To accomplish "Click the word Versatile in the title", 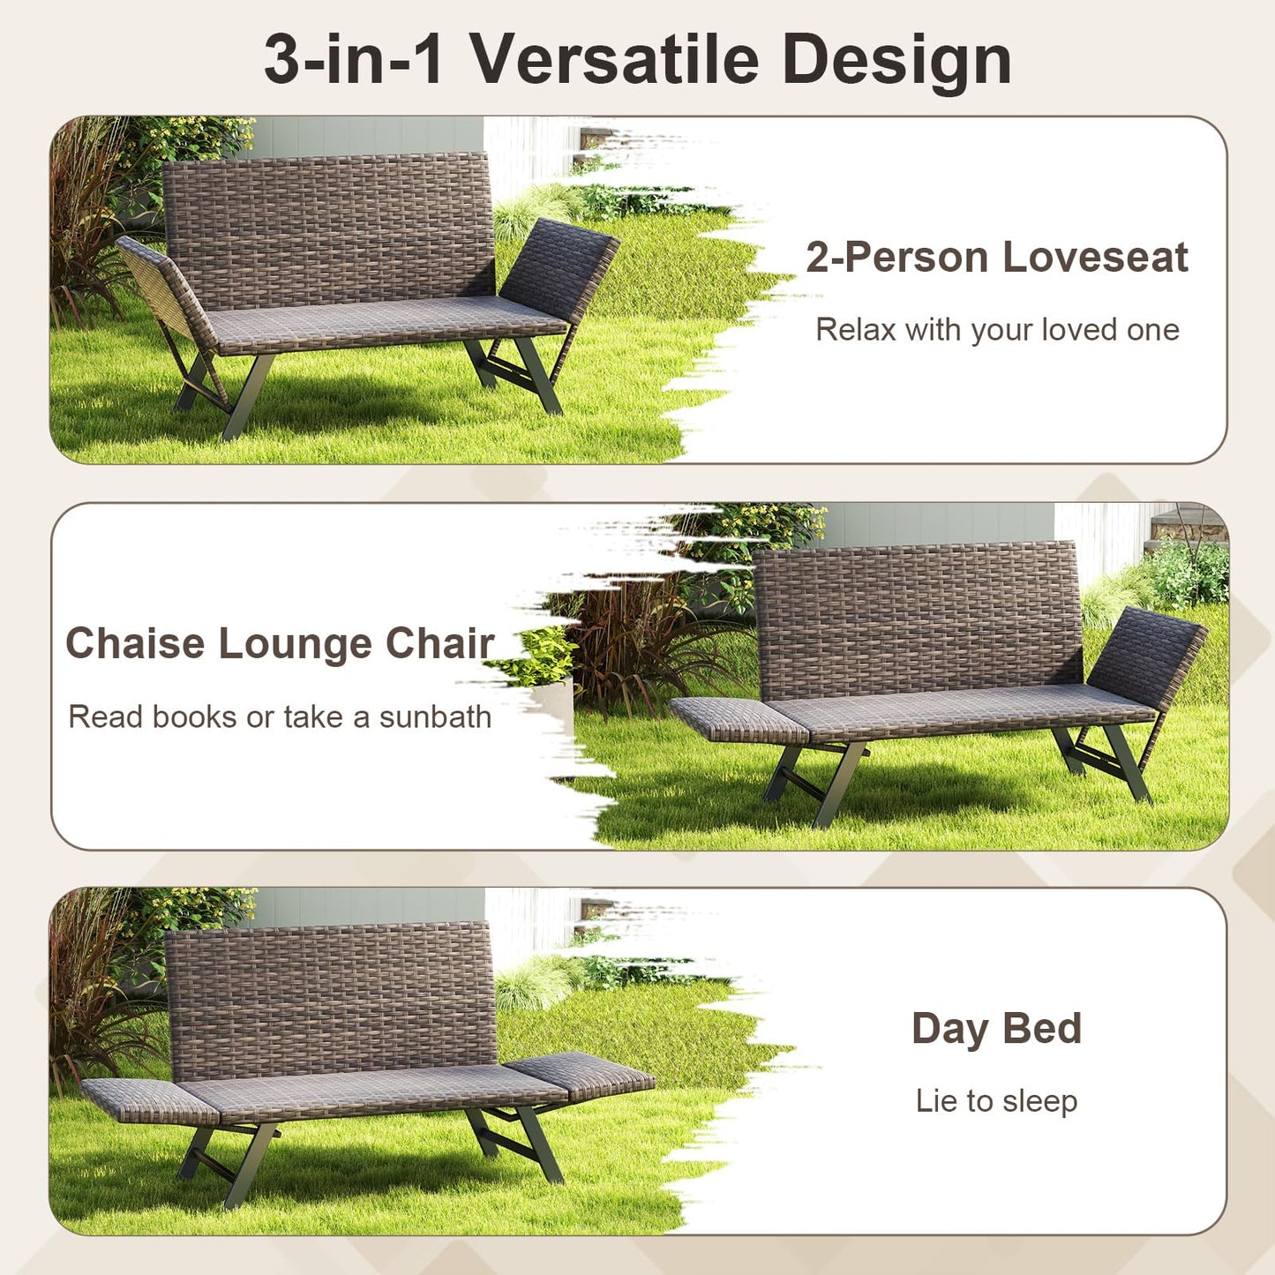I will (614, 59).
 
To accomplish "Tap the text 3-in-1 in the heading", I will (353, 59).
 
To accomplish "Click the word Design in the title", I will (896, 59).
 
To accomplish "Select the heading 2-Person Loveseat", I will (996, 258).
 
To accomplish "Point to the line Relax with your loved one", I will (996, 330).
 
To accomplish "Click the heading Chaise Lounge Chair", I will (280, 643).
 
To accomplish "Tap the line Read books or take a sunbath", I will (280, 716).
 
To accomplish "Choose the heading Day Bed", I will (996, 1029).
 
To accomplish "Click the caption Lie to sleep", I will (996, 1101).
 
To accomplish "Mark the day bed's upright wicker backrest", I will (330, 993).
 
